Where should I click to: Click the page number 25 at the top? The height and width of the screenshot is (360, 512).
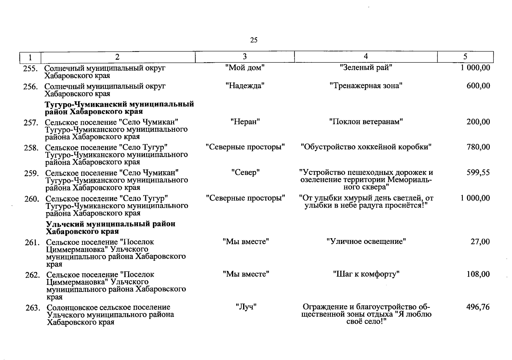tap(254, 40)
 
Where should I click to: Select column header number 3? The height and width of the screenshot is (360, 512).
tap(245, 57)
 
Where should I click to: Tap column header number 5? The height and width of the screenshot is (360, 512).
tap(465, 57)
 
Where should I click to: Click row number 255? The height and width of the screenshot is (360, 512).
tap(31, 69)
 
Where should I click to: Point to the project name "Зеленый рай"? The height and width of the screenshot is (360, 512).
tap(366, 67)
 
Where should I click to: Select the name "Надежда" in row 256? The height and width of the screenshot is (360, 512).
tap(245, 86)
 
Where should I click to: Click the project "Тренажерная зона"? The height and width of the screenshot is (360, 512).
tap(366, 86)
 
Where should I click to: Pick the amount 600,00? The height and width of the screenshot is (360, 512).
tap(478, 86)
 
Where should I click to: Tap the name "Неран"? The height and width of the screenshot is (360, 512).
tap(245, 122)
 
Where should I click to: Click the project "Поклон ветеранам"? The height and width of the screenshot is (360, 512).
tap(366, 122)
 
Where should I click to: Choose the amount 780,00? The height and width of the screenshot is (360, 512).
tap(478, 147)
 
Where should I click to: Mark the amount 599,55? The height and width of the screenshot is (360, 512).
tap(478, 172)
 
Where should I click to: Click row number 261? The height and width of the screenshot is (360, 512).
tap(32, 243)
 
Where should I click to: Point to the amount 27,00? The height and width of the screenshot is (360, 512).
tap(480, 241)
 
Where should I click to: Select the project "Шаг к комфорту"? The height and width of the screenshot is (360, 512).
tap(366, 274)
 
